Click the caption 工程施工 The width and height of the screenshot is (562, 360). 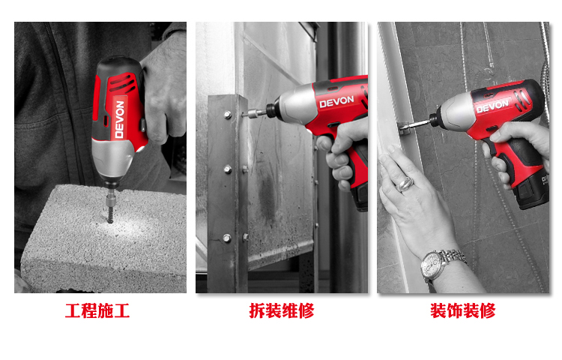97,310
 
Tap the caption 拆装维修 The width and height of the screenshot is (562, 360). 282,310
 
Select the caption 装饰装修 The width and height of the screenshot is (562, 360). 463,310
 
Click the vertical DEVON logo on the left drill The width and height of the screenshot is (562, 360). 120,119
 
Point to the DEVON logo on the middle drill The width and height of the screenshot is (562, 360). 336,101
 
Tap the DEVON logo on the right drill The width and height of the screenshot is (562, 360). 493,106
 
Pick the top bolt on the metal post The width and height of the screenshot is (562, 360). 228,115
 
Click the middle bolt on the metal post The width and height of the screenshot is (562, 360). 228,169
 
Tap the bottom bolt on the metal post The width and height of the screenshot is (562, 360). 227,238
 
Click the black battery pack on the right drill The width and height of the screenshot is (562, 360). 531,192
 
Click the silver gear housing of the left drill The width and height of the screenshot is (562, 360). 112,158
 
